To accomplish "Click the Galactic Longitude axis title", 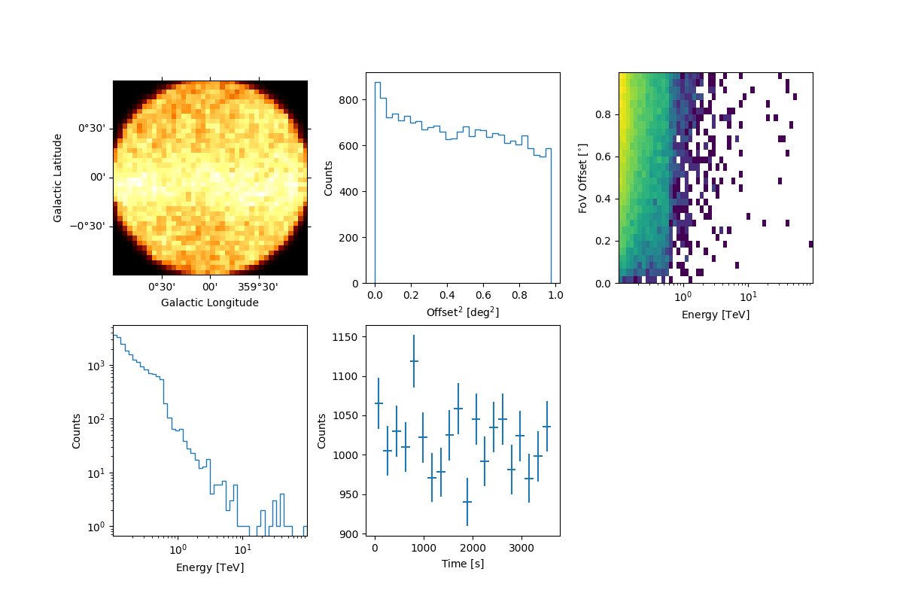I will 210,303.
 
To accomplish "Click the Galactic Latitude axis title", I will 58,178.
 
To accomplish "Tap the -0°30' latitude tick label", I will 93,227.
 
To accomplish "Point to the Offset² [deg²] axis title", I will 463,312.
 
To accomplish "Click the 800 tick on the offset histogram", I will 352,100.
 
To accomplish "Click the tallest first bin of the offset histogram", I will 378,83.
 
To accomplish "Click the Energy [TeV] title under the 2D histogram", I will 716,315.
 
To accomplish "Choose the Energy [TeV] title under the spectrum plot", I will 210,567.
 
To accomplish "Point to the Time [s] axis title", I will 463,564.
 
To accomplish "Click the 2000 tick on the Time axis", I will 473,547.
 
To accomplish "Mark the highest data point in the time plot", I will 414,361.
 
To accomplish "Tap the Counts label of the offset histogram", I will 329,178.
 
